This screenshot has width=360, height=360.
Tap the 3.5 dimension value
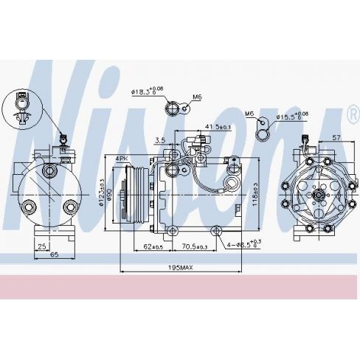point(159,139)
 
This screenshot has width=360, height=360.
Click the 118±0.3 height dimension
point(254,193)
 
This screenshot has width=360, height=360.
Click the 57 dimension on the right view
point(335,138)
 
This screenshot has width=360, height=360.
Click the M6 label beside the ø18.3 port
point(197,97)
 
